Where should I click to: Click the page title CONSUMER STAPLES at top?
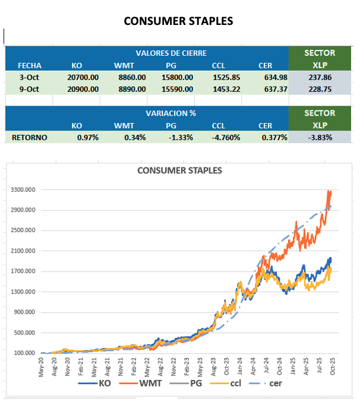tap(178, 21)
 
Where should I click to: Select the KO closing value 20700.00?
tap(83, 77)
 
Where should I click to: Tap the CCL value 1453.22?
tap(226, 89)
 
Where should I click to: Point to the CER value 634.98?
tap(274, 77)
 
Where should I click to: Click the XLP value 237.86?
tap(320, 77)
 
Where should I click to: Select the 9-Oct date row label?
tap(29, 89)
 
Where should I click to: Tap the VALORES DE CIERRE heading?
tap(171, 53)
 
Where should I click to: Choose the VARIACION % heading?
tap(171, 113)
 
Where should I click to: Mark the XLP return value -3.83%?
tap(320, 137)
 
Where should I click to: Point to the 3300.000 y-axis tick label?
tap(23, 190)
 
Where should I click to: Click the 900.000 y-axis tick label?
tap(24, 312)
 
